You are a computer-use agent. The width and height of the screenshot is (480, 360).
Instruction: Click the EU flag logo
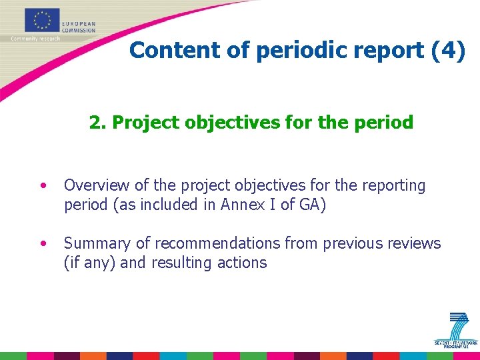point(42,20)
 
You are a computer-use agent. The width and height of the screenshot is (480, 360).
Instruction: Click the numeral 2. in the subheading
point(97,123)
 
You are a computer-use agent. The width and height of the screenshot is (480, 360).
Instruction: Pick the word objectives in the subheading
point(209,123)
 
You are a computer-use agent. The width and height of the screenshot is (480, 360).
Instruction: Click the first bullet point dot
point(43,185)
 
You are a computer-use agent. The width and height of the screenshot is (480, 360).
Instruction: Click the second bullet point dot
point(43,243)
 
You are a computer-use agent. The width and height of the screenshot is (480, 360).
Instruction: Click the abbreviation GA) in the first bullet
point(311,205)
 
